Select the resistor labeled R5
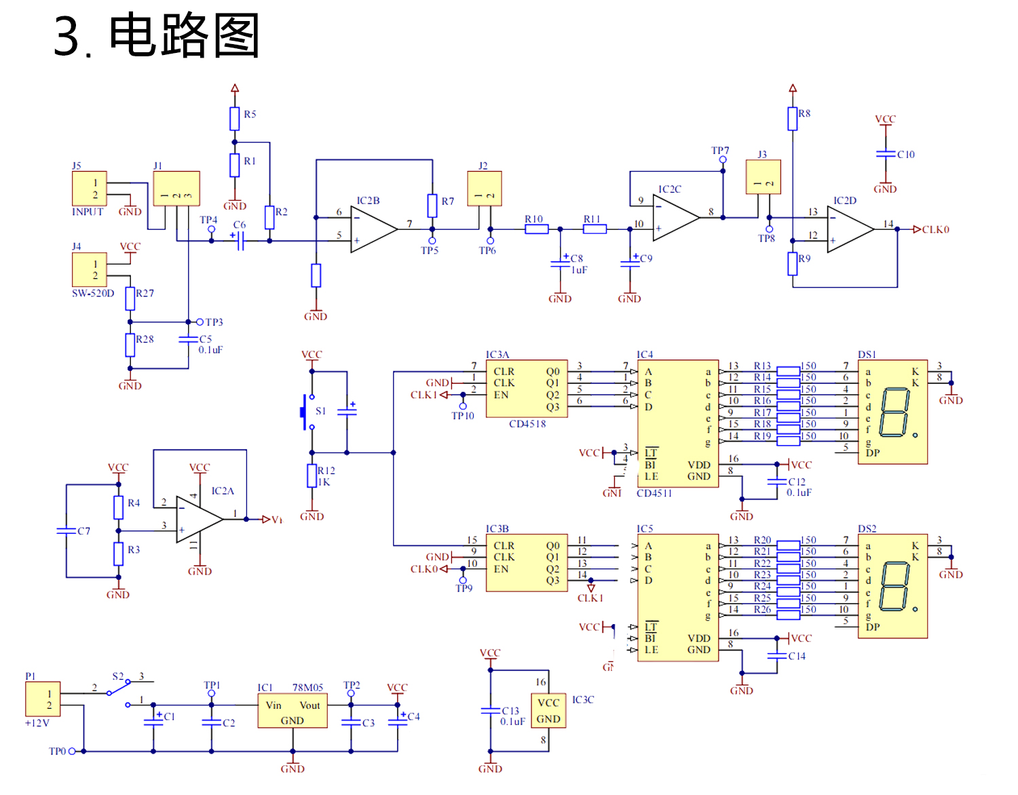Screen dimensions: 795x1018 point(235,118)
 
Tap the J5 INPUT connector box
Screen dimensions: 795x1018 point(90,189)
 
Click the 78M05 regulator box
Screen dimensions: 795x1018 point(293,712)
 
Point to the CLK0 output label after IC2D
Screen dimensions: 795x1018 point(935,230)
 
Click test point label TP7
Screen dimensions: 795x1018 point(720,151)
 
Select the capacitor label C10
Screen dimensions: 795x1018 point(905,155)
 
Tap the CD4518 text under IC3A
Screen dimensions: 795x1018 point(527,424)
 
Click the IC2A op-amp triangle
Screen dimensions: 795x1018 point(196,519)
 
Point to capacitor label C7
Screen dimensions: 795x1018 point(83,531)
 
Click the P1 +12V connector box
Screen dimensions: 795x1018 point(43,699)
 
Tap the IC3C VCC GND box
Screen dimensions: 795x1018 point(548,711)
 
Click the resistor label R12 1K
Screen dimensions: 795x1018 point(326,476)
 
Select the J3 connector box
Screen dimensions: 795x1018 point(763,177)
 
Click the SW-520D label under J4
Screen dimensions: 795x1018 point(93,294)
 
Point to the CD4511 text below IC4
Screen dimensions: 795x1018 point(654,493)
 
